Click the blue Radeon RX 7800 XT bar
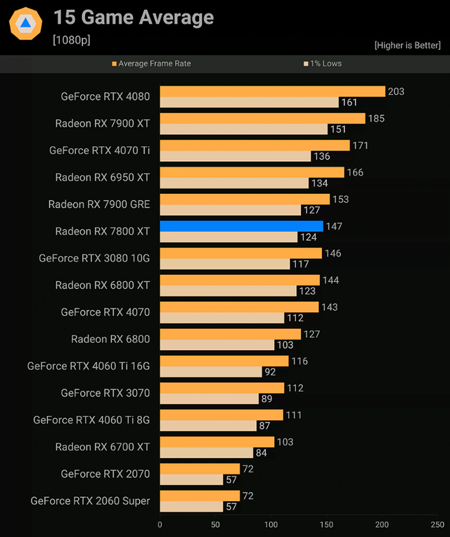pyautogui.click(x=241, y=226)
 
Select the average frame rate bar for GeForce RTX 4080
pyautogui.click(x=272, y=91)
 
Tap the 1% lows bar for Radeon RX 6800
pyautogui.click(x=217, y=345)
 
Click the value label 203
pyautogui.click(x=396, y=91)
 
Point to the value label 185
pyautogui.click(x=376, y=118)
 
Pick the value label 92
pyautogui.click(x=270, y=372)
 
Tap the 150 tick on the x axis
pyautogui.click(x=326, y=524)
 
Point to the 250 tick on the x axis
pyautogui.click(x=437, y=524)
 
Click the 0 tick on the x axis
pyautogui.click(x=160, y=524)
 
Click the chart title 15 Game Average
pyautogui.click(x=134, y=17)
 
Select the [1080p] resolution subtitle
pyautogui.click(x=71, y=40)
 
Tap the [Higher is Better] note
pyautogui.click(x=407, y=45)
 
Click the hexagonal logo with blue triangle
pyautogui.click(x=25, y=23)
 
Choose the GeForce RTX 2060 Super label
pyautogui.click(x=90, y=501)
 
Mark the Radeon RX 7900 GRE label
pyautogui.click(x=99, y=205)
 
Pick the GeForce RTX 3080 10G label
pyautogui.click(x=94, y=258)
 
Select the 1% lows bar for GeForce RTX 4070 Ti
pyautogui.click(x=235, y=156)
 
